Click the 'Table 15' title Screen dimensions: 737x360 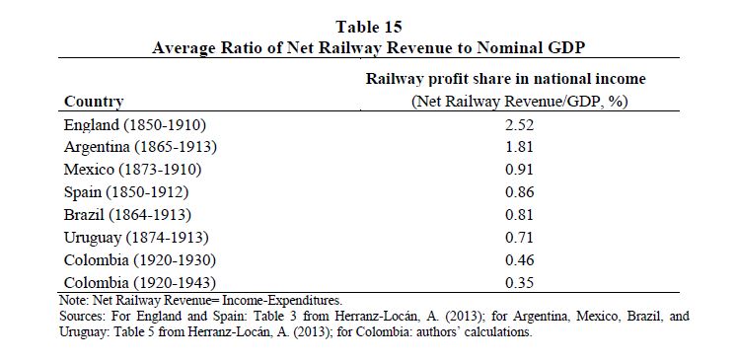coord(369,28)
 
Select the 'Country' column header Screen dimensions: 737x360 coord(94,102)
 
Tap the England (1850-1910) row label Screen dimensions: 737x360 coord(135,125)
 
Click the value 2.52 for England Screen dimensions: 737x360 coord(519,125)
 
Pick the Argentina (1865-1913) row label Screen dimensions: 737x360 coord(140,148)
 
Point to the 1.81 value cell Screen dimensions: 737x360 coord(519,147)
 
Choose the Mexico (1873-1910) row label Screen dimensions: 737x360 coord(132,170)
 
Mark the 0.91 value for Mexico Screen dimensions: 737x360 coord(519,170)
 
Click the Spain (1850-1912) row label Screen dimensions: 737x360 coord(126,192)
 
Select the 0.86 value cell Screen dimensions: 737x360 coord(519,192)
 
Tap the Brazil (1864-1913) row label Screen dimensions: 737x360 coord(127,215)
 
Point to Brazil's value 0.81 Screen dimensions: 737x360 coord(519,215)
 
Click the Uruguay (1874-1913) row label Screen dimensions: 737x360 coord(135,238)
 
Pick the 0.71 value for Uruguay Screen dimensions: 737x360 coord(519,238)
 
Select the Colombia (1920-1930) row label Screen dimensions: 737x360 coord(139,260)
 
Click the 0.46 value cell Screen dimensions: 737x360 coord(519,260)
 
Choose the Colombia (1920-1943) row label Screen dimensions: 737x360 coord(139,283)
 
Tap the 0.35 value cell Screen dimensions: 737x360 coord(519,282)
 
